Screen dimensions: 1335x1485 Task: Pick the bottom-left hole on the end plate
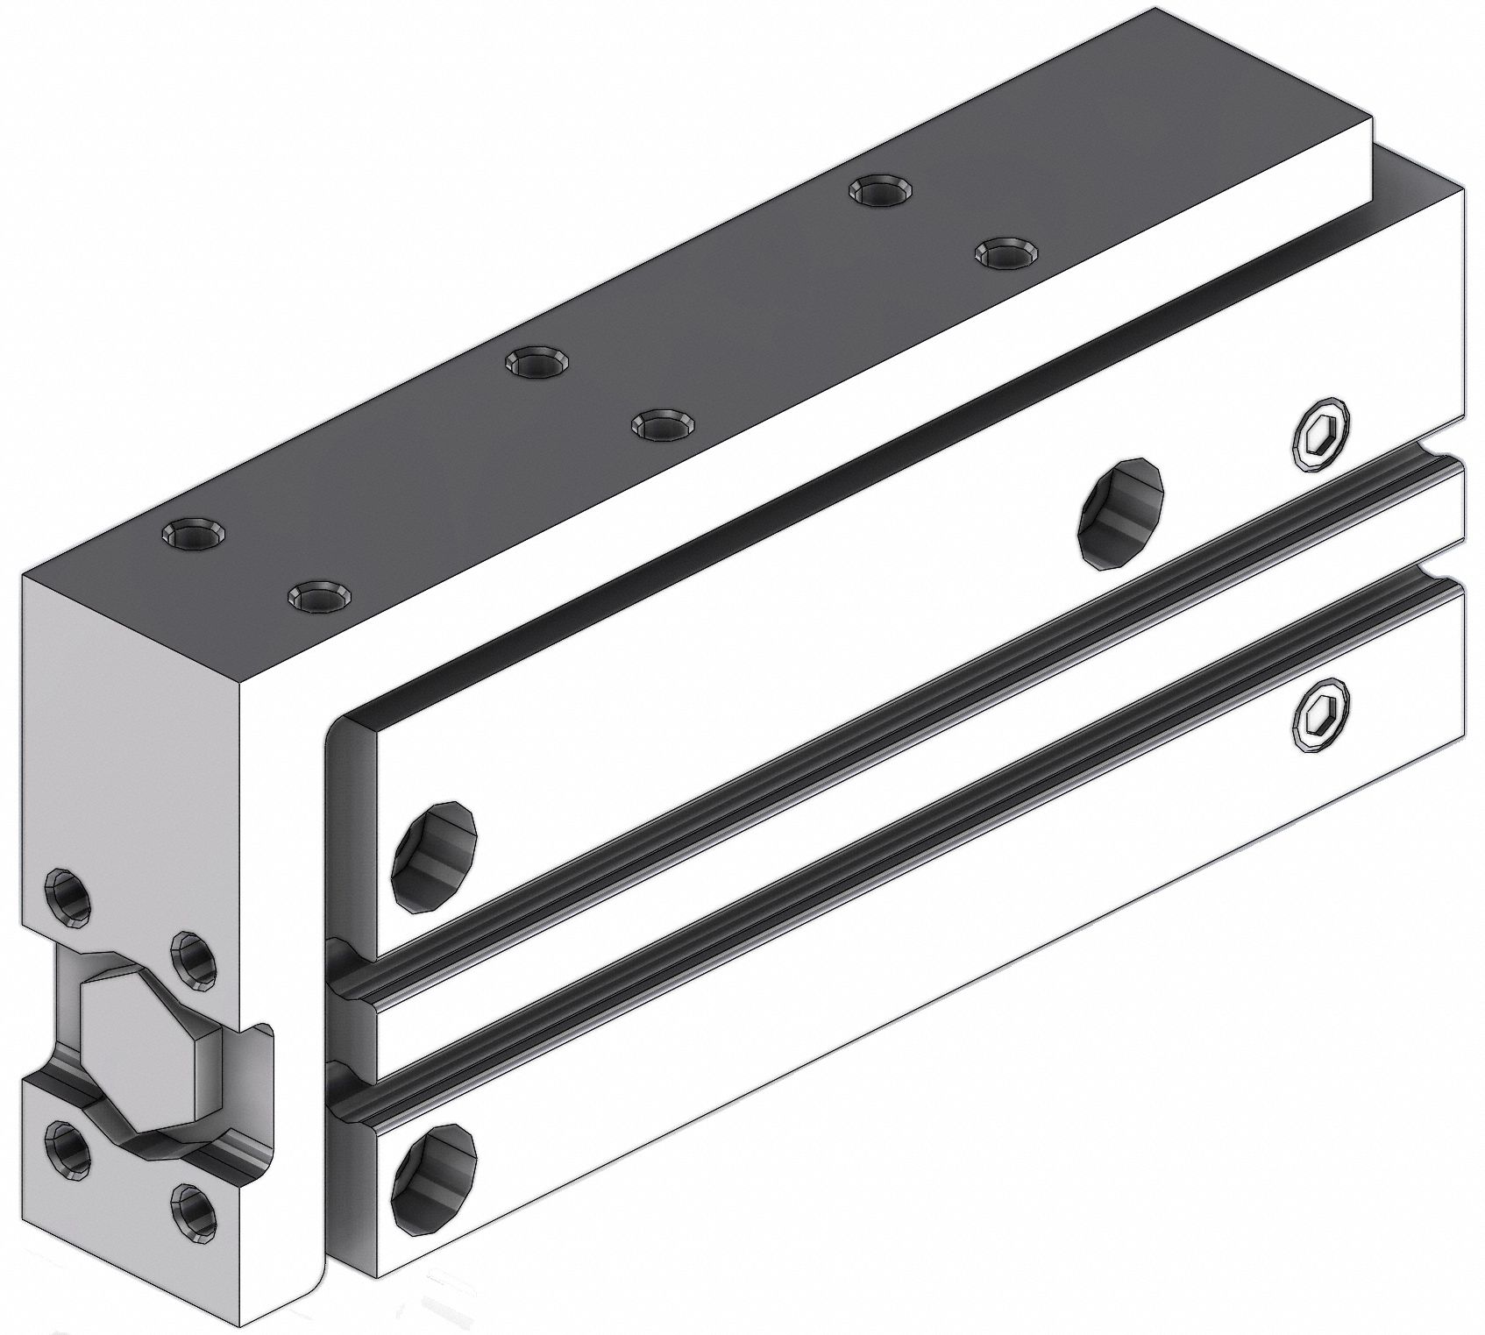click(x=69, y=1149)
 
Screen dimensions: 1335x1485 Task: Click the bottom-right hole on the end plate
click(x=194, y=1212)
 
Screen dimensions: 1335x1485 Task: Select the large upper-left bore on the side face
click(x=435, y=856)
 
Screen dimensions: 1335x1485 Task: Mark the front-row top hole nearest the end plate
click(x=319, y=597)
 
